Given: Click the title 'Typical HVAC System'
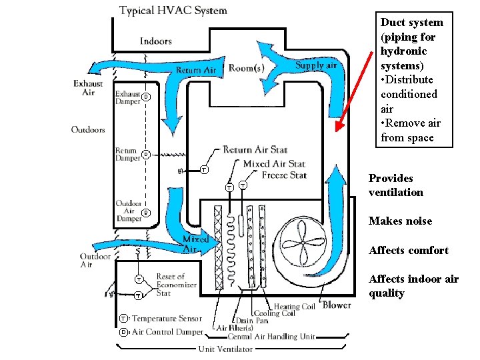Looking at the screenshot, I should click(x=173, y=11).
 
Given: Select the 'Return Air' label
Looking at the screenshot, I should click(x=196, y=70).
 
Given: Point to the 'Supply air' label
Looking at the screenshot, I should click(x=315, y=65).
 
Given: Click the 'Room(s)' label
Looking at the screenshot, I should click(x=246, y=67).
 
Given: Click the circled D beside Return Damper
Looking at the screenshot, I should click(x=145, y=155).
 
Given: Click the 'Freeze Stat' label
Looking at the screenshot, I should click(x=284, y=175).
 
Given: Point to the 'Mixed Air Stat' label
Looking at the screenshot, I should click(x=274, y=163).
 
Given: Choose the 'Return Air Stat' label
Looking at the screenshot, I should click(x=255, y=150).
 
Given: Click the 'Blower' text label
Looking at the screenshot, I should click(x=337, y=305).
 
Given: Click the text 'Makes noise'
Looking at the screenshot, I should click(x=400, y=221).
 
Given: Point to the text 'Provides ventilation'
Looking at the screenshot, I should click(x=396, y=185).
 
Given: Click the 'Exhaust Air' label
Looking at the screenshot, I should click(x=88, y=88).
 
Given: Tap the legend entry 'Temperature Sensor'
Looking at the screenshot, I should click(x=165, y=319).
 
